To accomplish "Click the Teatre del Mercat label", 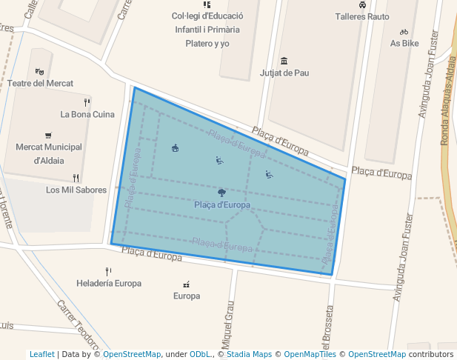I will (x=40, y=83).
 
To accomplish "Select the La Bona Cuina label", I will (x=87, y=114).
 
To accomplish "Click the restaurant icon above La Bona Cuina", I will (x=87, y=102).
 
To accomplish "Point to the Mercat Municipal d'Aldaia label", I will (x=49, y=153).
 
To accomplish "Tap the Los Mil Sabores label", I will (x=76, y=190).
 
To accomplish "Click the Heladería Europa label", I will (x=109, y=283).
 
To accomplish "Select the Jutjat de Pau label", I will (x=284, y=73).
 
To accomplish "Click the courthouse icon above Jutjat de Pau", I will (x=284, y=61).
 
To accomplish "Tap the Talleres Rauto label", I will (x=362, y=16).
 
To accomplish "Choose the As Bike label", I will (x=404, y=43).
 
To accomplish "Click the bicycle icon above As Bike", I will (x=404, y=32).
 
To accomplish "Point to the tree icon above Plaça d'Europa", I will (x=222, y=193).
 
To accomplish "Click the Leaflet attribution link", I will (x=41, y=354).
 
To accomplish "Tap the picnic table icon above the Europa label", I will (x=186, y=284).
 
